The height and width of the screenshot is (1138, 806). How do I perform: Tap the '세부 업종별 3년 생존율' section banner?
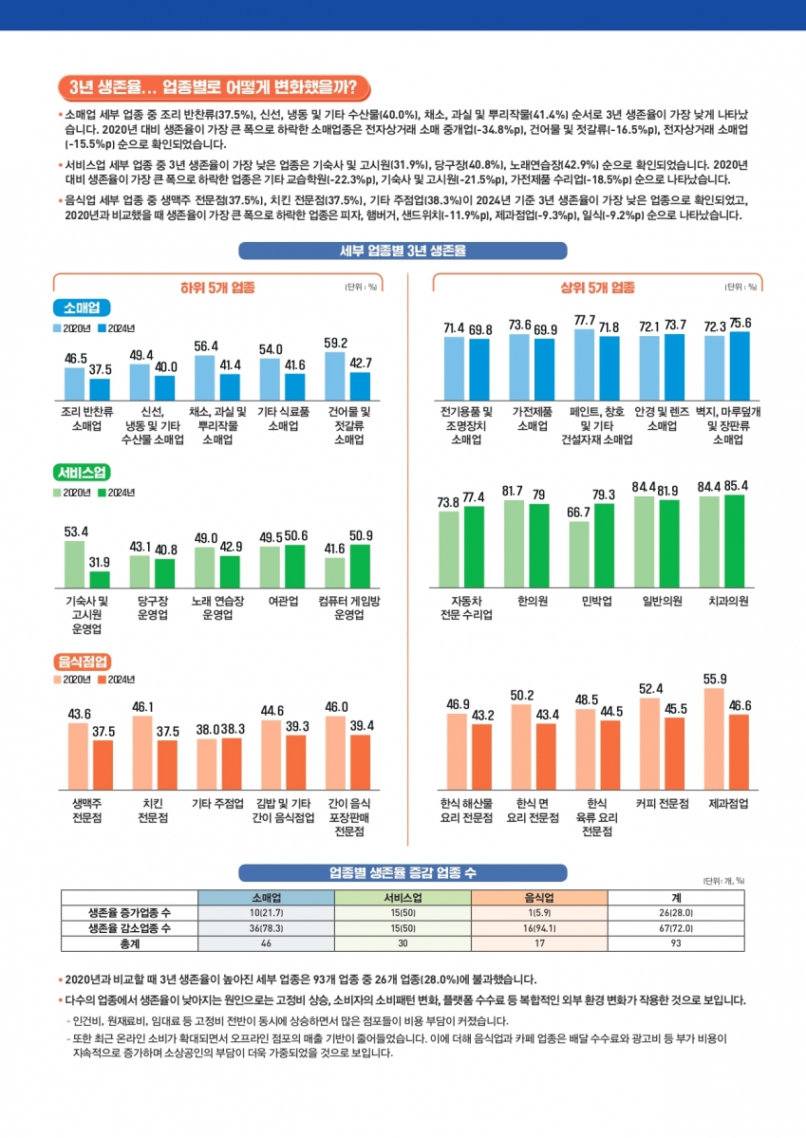[x=402, y=251]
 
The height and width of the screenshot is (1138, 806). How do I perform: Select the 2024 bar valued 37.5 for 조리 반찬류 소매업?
[x=100, y=388]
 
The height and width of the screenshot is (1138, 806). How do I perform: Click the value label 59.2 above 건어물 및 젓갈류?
[x=336, y=343]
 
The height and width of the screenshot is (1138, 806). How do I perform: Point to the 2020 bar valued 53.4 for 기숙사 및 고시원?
[x=75, y=566]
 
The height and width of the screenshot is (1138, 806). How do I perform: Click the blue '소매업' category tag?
[x=82, y=308]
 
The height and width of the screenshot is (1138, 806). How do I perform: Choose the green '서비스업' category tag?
[x=82, y=472]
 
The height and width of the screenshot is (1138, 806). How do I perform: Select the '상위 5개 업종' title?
[x=597, y=288]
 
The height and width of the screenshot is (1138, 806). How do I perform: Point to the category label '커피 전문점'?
[x=662, y=804]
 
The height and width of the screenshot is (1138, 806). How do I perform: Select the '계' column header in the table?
[x=675, y=897]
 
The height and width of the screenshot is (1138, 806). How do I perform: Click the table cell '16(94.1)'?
[x=538, y=927]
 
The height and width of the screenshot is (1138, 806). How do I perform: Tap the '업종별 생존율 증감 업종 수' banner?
[x=402, y=872]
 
